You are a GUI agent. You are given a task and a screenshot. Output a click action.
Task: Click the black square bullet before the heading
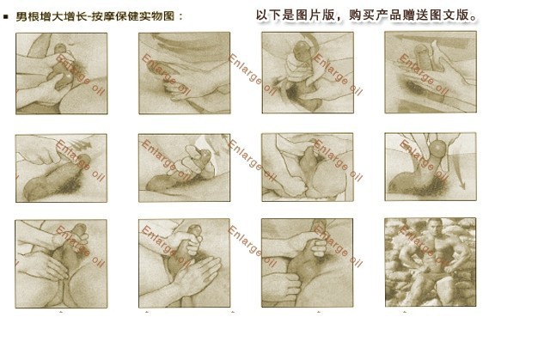click(5, 16)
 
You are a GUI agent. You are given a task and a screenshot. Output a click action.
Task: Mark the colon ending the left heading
click(180, 16)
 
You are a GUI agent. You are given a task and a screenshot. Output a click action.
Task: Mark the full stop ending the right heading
click(474, 18)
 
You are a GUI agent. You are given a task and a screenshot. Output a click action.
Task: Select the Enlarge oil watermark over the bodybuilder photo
click(425, 246)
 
